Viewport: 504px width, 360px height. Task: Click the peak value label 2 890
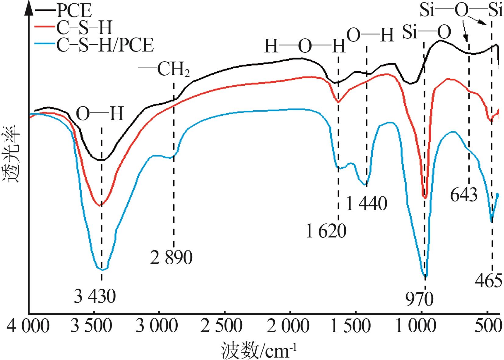coord(171,258)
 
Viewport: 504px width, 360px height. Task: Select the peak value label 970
coord(419,300)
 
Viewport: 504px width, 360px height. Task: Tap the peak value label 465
coord(488,281)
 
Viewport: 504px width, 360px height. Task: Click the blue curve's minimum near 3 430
coord(103,269)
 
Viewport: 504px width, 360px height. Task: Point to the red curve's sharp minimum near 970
coord(425,198)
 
